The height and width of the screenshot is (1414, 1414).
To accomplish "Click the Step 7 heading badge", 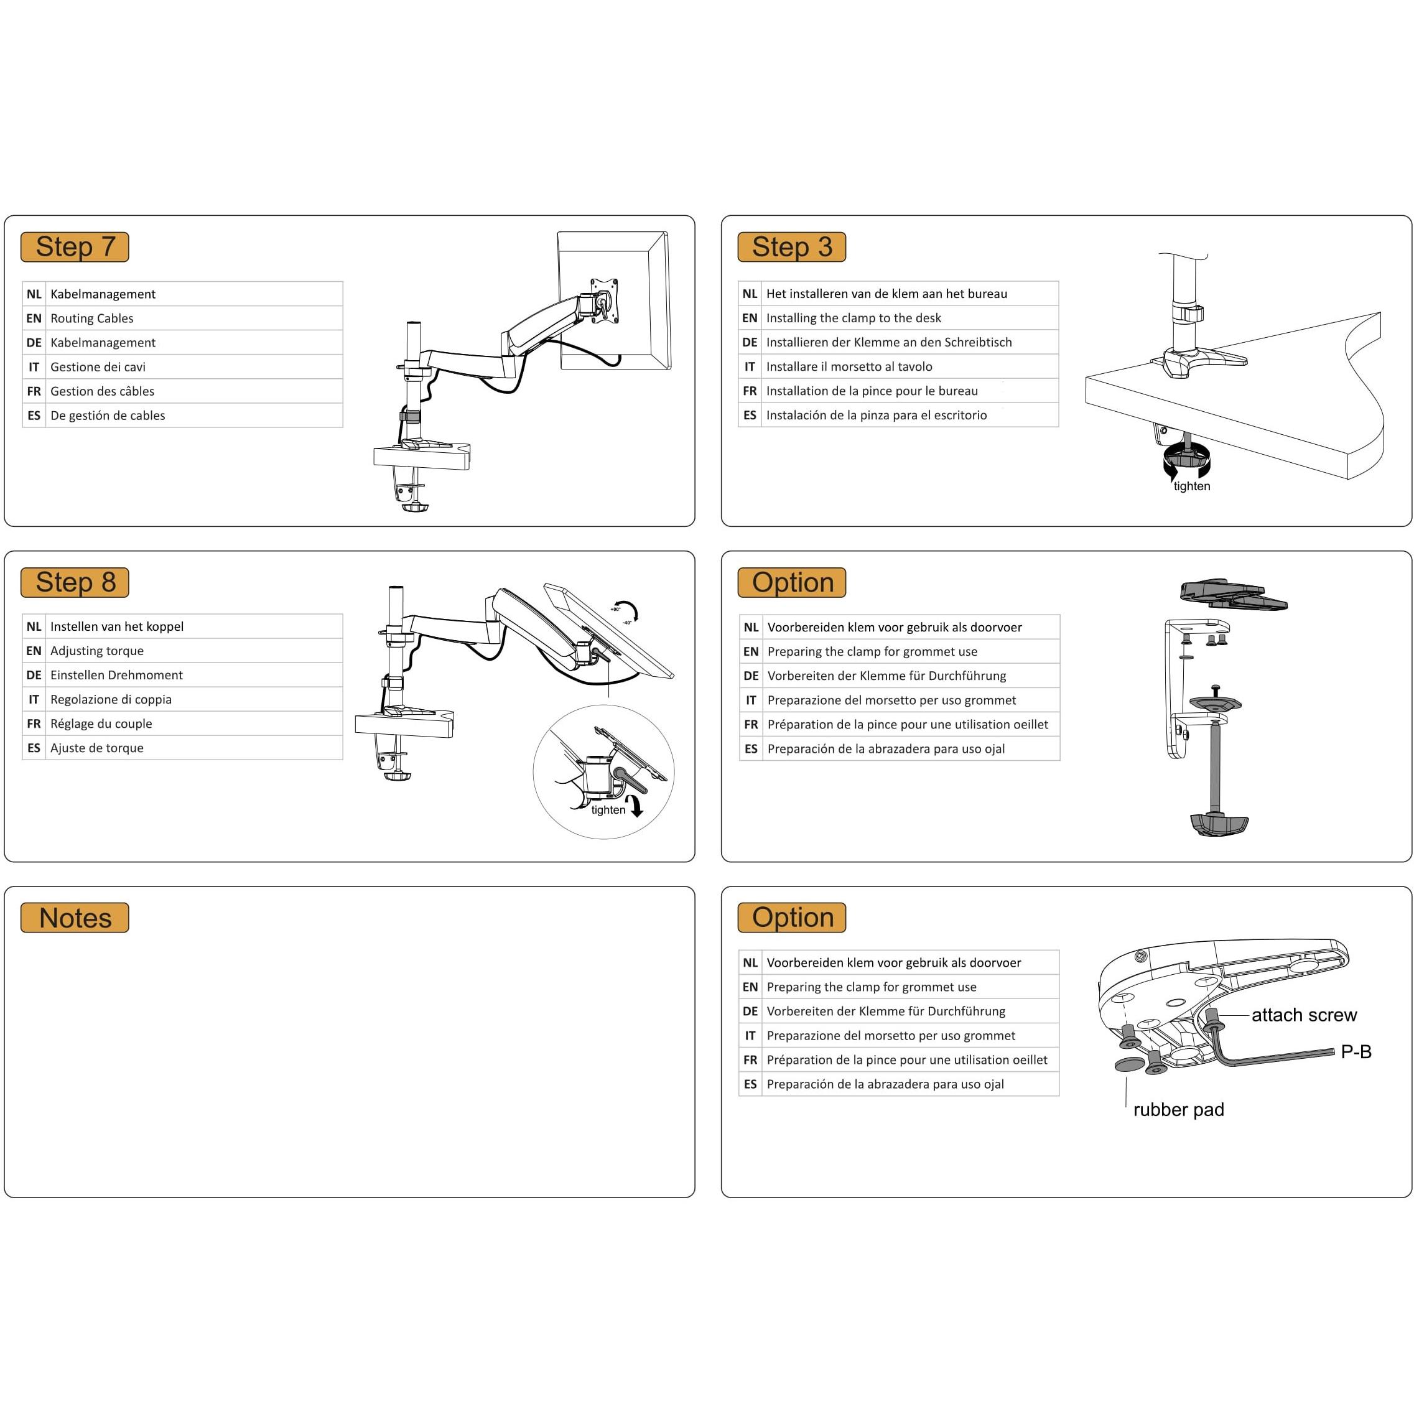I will pyautogui.click(x=75, y=246).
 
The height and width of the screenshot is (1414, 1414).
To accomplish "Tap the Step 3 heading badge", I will pyautogui.click(x=791, y=246).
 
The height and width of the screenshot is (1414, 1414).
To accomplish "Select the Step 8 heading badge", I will pyautogui.click(x=75, y=582).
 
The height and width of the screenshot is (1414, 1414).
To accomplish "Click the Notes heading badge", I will pyautogui.click(x=75, y=917).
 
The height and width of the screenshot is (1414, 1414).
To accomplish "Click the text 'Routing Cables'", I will pyautogui.click(x=91, y=319).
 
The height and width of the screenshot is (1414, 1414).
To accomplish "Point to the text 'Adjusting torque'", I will pyautogui.click(x=96, y=651).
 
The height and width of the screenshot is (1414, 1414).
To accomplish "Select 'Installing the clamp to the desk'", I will pyautogui.click(x=854, y=318).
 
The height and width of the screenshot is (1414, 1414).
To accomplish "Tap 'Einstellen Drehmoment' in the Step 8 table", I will pyautogui.click(x=116, y=675).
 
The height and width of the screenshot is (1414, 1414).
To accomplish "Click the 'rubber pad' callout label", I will pyautogui.click(x=1178, y=1110).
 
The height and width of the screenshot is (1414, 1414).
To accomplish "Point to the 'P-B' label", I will pyautogui.click(x=1356, y=1052).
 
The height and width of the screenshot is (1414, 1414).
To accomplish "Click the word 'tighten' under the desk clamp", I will pyautogui.click(x=1191, y=486).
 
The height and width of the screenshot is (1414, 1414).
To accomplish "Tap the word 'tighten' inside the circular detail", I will pyautogui.click(x=608, y=809).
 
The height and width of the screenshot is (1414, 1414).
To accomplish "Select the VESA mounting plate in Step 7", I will pyautogui.click(x=605, y=300).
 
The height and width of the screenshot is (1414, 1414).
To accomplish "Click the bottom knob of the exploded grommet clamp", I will pyautogui.click(x=1219, y=824).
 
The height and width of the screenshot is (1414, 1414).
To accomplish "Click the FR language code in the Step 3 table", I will pyautogui.click(x=750, y=391).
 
